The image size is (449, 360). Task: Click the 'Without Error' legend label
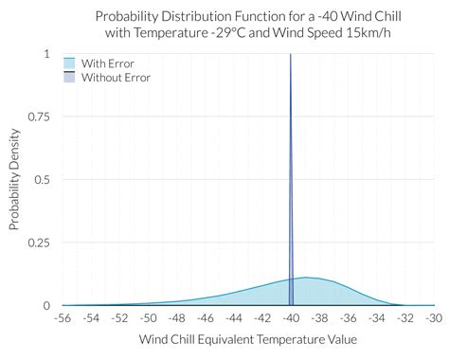point(116,77)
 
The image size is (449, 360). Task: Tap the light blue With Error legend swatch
point(69,63)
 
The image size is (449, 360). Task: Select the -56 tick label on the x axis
point(63,318)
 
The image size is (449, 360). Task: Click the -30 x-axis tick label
point(434,318)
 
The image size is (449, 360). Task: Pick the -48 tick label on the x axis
point(177,318)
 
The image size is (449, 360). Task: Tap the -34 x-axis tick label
point(377,318)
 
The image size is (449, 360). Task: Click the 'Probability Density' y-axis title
point(15,180)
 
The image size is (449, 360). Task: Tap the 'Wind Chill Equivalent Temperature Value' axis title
point(248,339)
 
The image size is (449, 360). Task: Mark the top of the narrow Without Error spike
point(291,55)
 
